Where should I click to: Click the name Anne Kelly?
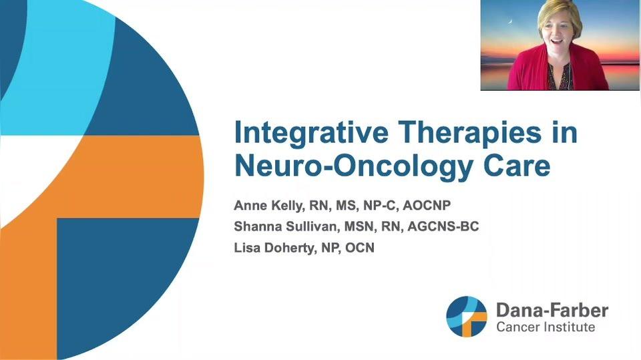pyautogui.click(x=268, y=205)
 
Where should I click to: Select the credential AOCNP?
pyautogui.click(x=427, y=205)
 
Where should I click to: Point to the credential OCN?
pyautogui.click(x=360, y=248)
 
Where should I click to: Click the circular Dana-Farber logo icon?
pyautogui.click(x=467, y=317)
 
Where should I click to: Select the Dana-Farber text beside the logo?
pyautogui.click(x=552, y=311)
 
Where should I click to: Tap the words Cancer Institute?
pyautogui.click(x=546, y=327)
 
